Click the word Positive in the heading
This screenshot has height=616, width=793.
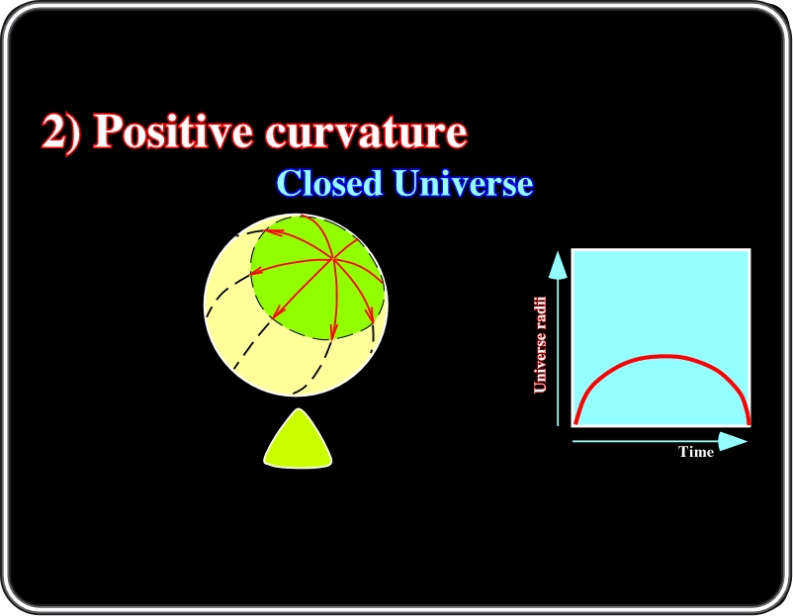point(172,131)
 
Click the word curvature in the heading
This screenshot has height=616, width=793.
point(367,132)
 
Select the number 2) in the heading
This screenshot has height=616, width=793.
point(60,132)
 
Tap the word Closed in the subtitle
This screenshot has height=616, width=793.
point(329,183)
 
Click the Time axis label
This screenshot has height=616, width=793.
point(696,452)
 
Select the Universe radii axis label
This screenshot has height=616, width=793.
point(540,344)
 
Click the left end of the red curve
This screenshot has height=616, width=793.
point(575,423)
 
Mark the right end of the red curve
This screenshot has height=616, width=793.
point(749,423)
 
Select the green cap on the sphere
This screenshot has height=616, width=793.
point(316,277)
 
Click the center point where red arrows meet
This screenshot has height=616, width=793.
point(333,259)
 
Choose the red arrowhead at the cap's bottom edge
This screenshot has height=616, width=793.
point(333,331)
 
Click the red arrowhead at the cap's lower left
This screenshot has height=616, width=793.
point(277,311)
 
